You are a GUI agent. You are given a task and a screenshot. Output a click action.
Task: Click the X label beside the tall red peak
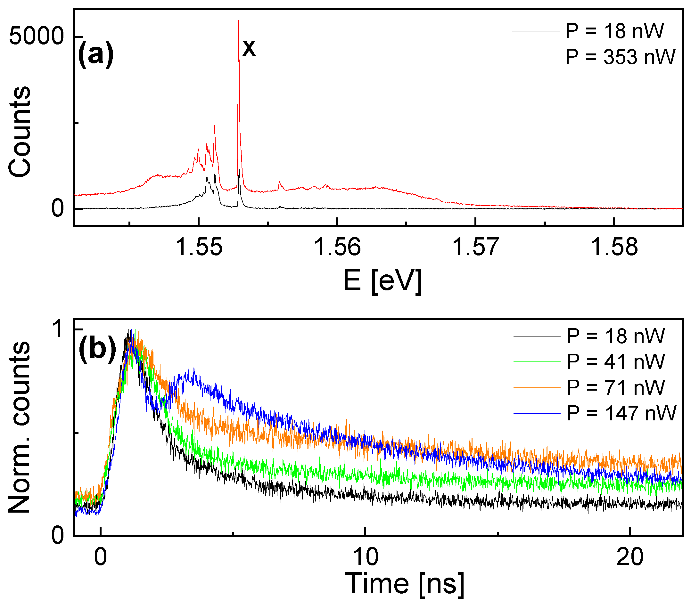249,49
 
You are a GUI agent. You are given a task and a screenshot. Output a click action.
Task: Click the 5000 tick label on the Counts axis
37,36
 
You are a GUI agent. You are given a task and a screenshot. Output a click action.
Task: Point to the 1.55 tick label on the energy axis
199,247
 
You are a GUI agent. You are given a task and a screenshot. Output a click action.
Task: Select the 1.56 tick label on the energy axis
337,247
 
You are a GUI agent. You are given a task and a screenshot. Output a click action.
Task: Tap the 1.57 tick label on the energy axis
475,247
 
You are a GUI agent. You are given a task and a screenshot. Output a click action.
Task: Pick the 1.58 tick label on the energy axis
613,247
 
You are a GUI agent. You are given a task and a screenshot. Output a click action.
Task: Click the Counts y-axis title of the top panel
20,132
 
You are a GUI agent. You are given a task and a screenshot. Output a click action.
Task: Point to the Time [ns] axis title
404,584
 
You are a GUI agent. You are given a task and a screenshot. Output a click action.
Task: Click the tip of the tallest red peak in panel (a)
239,21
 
